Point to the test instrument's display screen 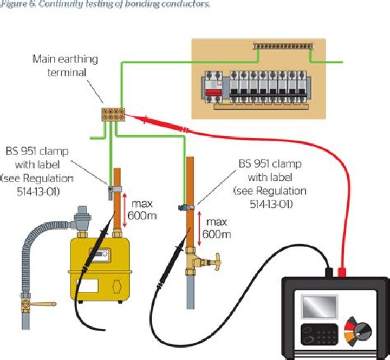point(320,307)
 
